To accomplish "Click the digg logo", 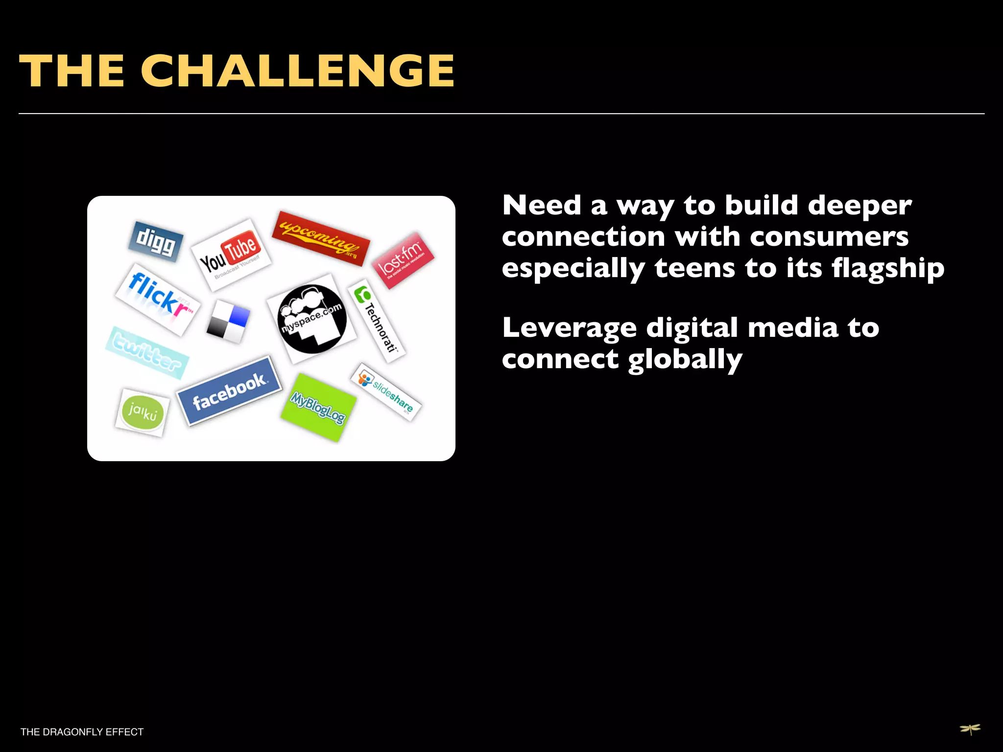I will coord(155,242).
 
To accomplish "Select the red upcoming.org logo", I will coord(321,238).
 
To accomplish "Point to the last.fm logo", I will coord(403,259).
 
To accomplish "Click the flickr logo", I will coord(158,299).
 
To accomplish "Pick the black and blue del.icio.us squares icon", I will coord(228,321).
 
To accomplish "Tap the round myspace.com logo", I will coord(312,319).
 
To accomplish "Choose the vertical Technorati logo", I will coord(377,321).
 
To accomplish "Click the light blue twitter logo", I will coord(146,352).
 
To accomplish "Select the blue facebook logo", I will coord(229,391).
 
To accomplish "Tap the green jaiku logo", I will coord(143,412).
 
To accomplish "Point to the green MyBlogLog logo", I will coord(318,407).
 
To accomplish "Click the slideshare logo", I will coord(386,391).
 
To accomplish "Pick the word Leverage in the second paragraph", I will coord(569,328).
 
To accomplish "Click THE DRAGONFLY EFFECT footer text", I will coord(82,732).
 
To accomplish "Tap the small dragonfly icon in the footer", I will coord(970,729).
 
